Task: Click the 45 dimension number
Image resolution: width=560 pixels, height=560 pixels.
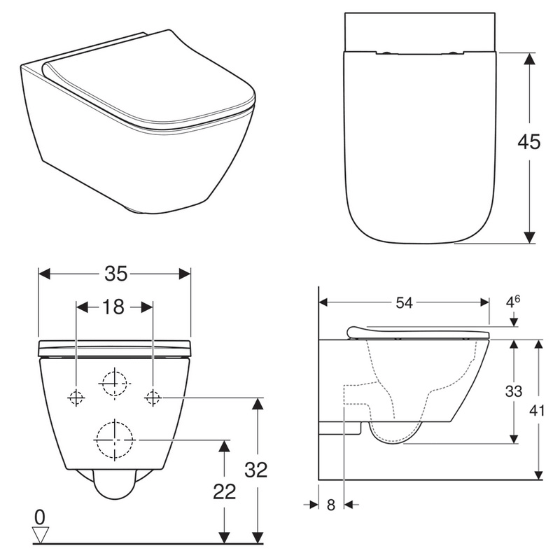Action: coord(529,142)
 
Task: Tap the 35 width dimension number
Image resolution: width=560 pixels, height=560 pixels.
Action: coord(115,274)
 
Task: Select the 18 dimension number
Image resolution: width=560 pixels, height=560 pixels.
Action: coord(113,307)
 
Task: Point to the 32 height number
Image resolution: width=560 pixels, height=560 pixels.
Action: coord(256,470)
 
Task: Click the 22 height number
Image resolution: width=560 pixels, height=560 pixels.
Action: coord(225,492)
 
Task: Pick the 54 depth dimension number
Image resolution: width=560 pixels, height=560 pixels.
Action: coord(405,303)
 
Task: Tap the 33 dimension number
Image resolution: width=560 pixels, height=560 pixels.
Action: coord(514,391)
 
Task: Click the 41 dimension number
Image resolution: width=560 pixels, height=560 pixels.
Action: coord(537,411)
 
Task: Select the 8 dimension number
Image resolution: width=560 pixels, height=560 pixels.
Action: coord(331,505)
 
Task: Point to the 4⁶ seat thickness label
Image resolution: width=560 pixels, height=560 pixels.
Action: coord(512,302)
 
